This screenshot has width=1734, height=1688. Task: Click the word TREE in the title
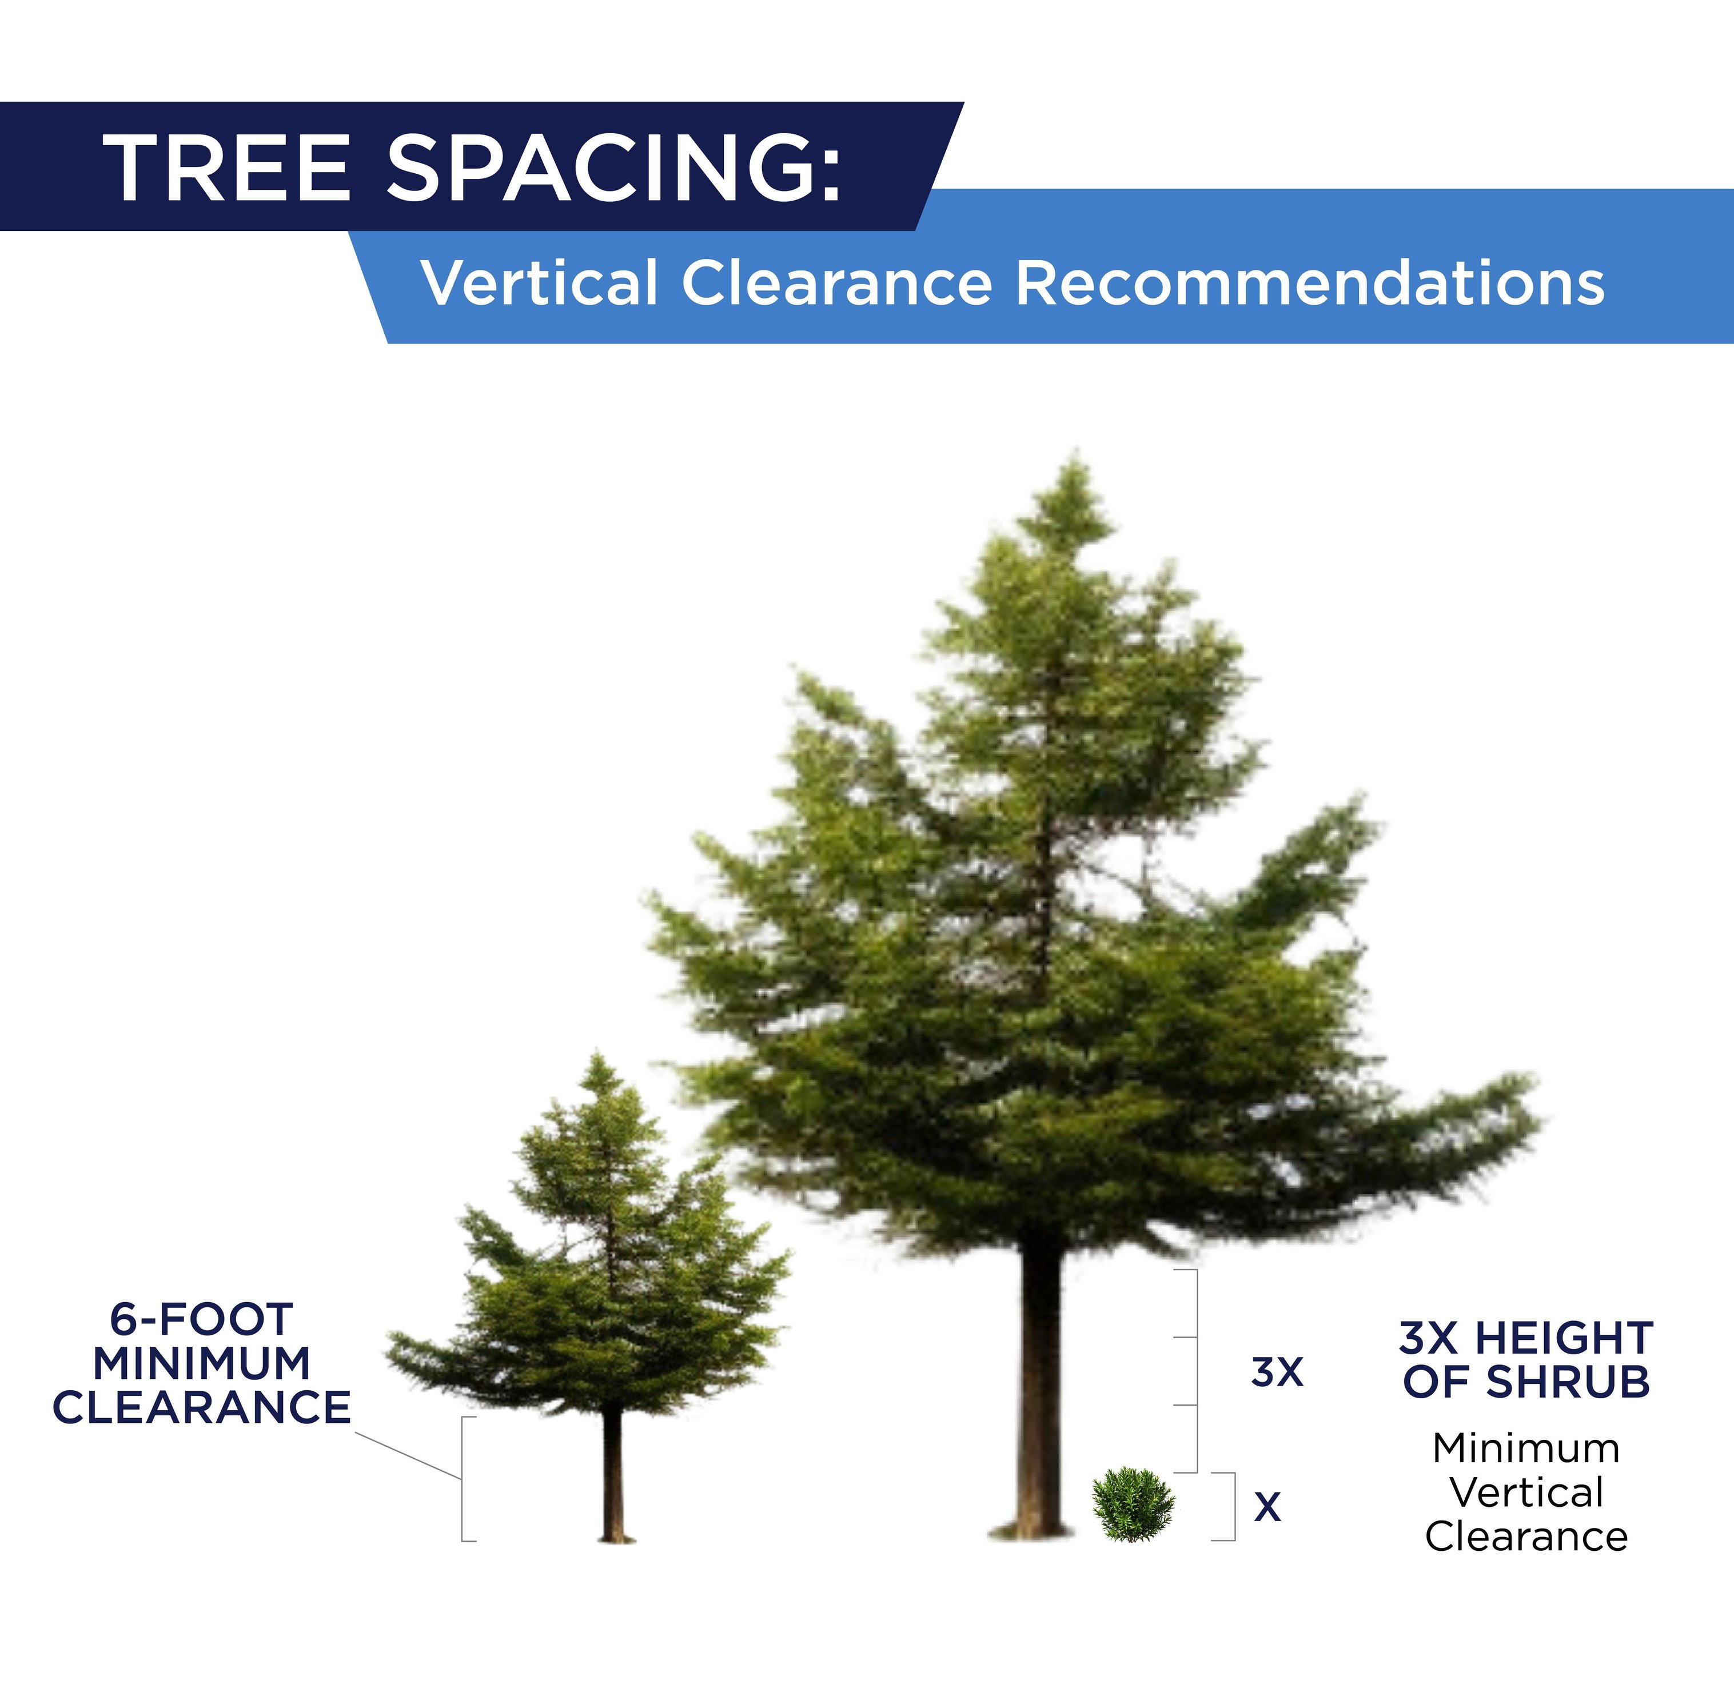[228, 169]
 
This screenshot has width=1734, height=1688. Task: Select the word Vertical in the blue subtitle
[539, 284]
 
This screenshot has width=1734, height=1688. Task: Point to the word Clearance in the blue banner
[836, 284]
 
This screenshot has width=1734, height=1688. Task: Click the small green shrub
[1133, 1505]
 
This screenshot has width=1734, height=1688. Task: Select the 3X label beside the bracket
[1277, 1372]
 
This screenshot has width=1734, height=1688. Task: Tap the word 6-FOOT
[201, 1319]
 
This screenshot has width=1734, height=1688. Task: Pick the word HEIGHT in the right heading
[1565, 1338]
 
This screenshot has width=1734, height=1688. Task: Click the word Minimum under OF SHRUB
[1526, 1448]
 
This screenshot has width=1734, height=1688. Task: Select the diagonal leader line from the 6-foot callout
[408, 1455]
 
